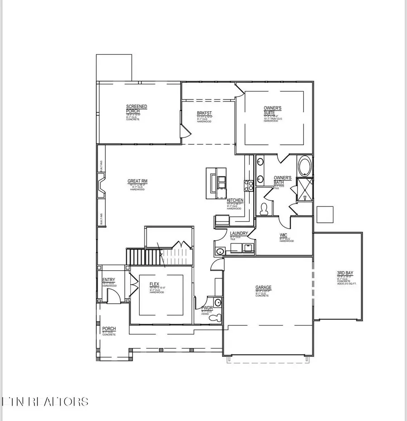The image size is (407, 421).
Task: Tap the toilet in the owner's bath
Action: [x=265, y=209]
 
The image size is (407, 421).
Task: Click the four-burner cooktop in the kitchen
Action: [x=248, y=184]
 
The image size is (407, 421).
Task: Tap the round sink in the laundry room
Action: [x=220, y=251]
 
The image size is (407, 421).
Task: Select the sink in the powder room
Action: [x=218, y=303]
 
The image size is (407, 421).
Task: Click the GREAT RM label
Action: [x=137, y=182]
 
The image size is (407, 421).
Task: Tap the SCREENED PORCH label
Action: [x=136, y=109]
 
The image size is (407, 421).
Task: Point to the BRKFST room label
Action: [x=204, y=114]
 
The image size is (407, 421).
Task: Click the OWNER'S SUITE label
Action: [x=273, y=110]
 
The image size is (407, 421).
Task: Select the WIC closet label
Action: [x=284, y=235]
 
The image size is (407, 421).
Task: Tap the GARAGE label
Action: [x=263, y=287]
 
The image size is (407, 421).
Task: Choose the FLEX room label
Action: [x=155, y=285]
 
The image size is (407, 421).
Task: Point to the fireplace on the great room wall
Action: [x=101, y=186]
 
